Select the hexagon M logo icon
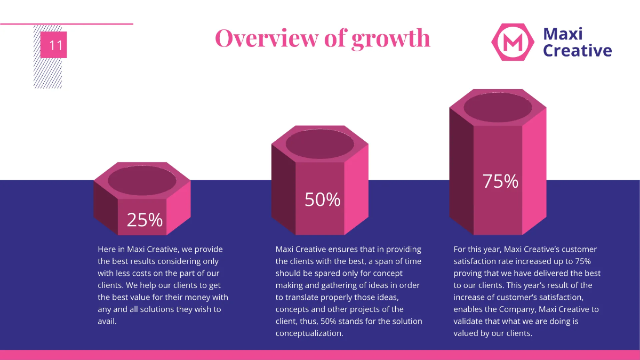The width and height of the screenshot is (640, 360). pos(513,42)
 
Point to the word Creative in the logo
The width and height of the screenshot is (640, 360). pos(577,51)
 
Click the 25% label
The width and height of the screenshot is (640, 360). pos(145,220)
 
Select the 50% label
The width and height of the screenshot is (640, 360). pos(322,199)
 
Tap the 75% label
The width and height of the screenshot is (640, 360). pos(500,181)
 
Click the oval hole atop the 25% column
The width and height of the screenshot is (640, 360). pos(142,180)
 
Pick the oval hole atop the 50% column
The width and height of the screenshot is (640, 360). pos(319,143)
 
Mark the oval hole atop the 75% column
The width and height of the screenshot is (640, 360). pos(498,107)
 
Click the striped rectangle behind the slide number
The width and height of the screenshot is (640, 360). pos(47,73)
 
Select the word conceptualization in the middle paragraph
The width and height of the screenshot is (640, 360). pos(309,333)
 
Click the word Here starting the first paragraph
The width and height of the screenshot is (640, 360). pos(107,249)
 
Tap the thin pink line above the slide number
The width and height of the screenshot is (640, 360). pos(67,24)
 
